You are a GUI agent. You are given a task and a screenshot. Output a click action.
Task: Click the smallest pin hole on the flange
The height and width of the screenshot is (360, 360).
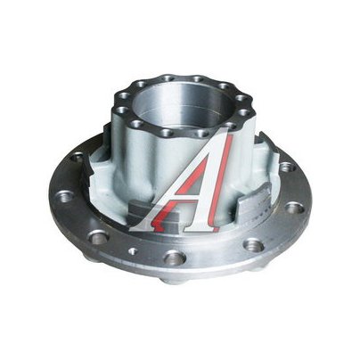[x=133, y=251]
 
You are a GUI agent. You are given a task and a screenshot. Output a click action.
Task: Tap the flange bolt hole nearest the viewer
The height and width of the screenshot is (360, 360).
[x=176, y=258]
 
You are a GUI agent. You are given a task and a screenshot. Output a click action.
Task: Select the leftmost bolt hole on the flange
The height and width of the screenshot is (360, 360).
[x=62, y=196]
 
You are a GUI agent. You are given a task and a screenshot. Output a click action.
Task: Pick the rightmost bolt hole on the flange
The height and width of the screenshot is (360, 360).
[x=295, y=208]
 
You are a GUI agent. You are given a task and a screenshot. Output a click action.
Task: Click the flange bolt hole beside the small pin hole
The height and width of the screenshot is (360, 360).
[x=99, y=237]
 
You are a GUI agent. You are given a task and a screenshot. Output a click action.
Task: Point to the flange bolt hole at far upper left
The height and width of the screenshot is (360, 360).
[x=78, y=157]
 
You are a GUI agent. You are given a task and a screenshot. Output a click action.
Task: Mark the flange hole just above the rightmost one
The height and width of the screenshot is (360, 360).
[x=288, y=167]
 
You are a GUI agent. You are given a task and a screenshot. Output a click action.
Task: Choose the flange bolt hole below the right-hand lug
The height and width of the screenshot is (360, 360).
[x=253, y=245]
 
